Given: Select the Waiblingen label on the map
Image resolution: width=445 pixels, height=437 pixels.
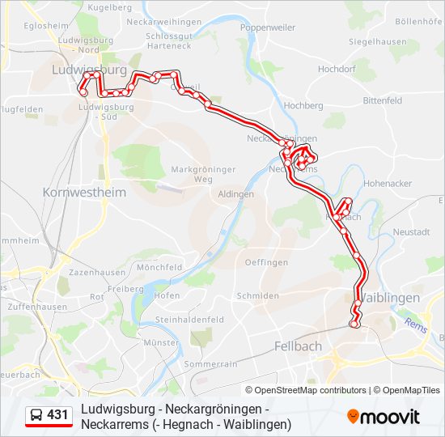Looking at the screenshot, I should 389,297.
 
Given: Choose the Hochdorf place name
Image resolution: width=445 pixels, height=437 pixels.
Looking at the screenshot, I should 337,70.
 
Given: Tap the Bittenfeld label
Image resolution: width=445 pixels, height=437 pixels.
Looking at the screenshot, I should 383,100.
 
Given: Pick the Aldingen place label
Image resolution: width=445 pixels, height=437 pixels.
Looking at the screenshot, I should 236,194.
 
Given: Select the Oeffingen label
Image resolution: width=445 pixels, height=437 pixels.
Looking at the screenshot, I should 266,262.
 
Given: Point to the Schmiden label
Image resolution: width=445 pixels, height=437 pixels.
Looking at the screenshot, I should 257,296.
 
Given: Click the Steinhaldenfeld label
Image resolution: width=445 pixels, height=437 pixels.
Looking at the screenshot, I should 189,320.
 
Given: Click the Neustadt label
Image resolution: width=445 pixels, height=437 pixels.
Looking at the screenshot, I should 411,232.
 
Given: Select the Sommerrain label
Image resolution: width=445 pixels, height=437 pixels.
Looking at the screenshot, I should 211,364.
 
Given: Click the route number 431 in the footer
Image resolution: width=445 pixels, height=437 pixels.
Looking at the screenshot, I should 57,415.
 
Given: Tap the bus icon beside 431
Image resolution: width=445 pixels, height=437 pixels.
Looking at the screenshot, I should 36,415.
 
